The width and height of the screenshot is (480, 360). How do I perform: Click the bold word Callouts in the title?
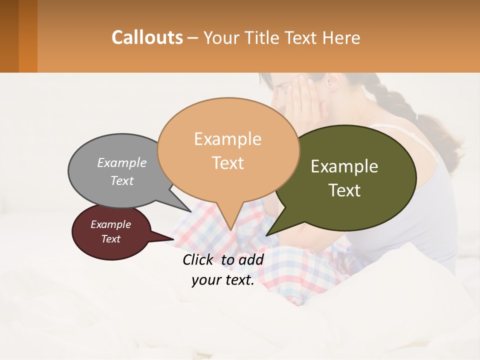pos(147,37)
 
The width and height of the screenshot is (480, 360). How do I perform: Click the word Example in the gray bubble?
pos(122,162)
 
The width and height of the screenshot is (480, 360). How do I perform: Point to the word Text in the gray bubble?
pos(122,180)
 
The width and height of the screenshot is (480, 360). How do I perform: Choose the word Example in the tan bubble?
pos(227,139)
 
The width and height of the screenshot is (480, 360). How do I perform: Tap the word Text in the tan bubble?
pos(227,162)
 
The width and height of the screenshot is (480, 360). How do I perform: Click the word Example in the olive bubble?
pos(344,166)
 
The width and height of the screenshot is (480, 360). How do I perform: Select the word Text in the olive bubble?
pos(344,190)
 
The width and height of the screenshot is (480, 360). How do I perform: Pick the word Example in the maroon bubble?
pos(110,224)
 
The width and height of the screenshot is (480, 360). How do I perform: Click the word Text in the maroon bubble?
pos(110,239)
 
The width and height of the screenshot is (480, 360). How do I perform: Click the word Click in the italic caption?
pos(199,259)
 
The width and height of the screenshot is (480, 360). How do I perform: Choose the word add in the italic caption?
pos(250,259)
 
